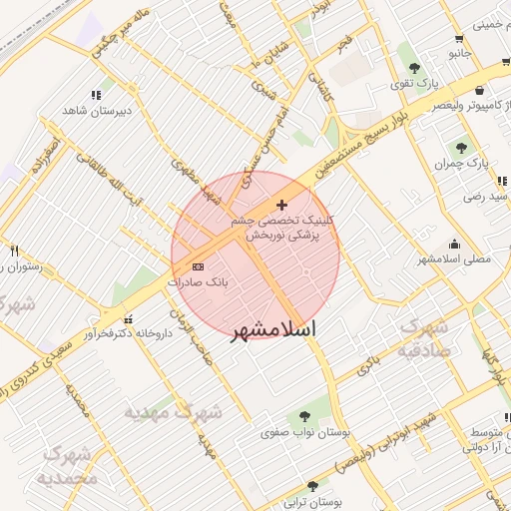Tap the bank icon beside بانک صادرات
(198, 266)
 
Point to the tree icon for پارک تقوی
(413, 68)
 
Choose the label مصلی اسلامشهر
(457, 258)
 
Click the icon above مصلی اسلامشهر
(455, 243)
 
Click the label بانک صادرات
(198, 282)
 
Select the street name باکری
(368, 361)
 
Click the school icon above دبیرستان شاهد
(96, 96)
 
